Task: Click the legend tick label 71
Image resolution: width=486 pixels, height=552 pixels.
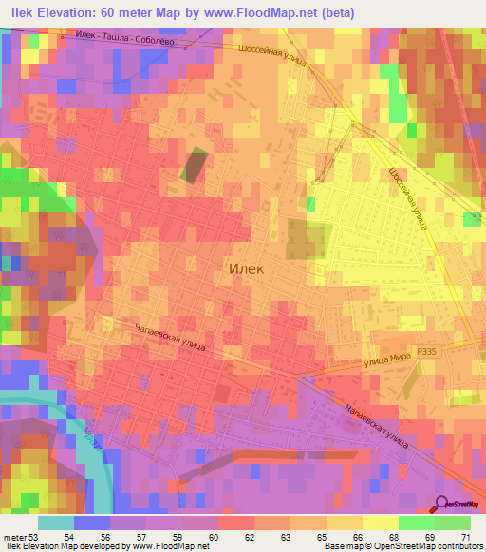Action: point(465,537)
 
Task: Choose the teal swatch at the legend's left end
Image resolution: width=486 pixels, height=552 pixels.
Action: point(56,523)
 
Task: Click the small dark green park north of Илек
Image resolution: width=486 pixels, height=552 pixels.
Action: point(195,165)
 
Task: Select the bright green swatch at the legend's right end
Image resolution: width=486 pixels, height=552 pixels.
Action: point(453,523)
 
